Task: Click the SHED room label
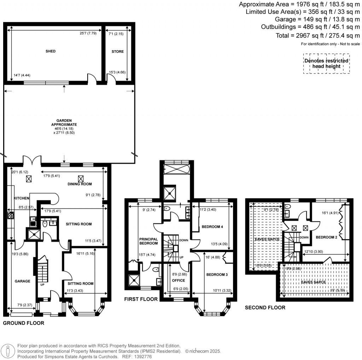51,51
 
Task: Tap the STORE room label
118,51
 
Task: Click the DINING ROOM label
80,184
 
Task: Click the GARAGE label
22,281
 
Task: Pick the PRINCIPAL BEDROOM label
148,241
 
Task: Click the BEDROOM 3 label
215,275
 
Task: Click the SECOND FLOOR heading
265,308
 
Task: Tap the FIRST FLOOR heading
141,299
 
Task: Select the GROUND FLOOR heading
24,323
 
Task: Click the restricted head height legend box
326,64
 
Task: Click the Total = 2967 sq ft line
318,35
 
